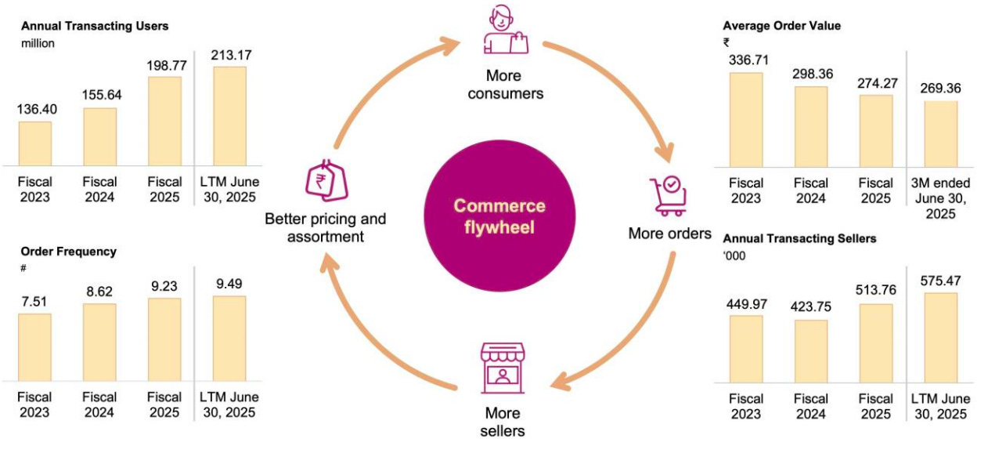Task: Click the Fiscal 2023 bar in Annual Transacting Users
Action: (x=35, y=143)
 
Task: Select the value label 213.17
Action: (x=229, y=56)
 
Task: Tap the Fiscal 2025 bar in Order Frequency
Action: (x=164, y=339)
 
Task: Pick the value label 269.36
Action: (x=941, y=89)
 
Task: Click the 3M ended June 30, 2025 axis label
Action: (x=940, y=198)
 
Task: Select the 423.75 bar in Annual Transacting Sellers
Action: (x=811, y=351)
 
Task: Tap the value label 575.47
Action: (x=940, y=281)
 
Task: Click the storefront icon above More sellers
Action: (x=502, y=366)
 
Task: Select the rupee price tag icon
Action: (x=326, y=180)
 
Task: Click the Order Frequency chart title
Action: (x=69, y=252)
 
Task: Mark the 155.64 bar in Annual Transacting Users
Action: (x=99, y=136)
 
